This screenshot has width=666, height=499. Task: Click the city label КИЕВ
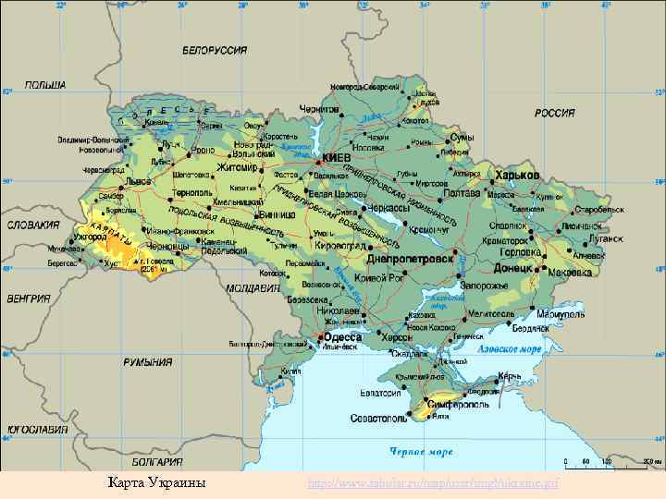tap(336, 158)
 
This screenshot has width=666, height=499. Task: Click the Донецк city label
tap(513, 267)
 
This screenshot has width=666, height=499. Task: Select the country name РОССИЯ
tap(555, 113)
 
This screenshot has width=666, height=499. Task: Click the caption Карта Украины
tap(156, 483)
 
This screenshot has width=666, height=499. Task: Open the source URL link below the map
tap(433, 483)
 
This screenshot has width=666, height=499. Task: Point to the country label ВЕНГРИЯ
tap(29, 299)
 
